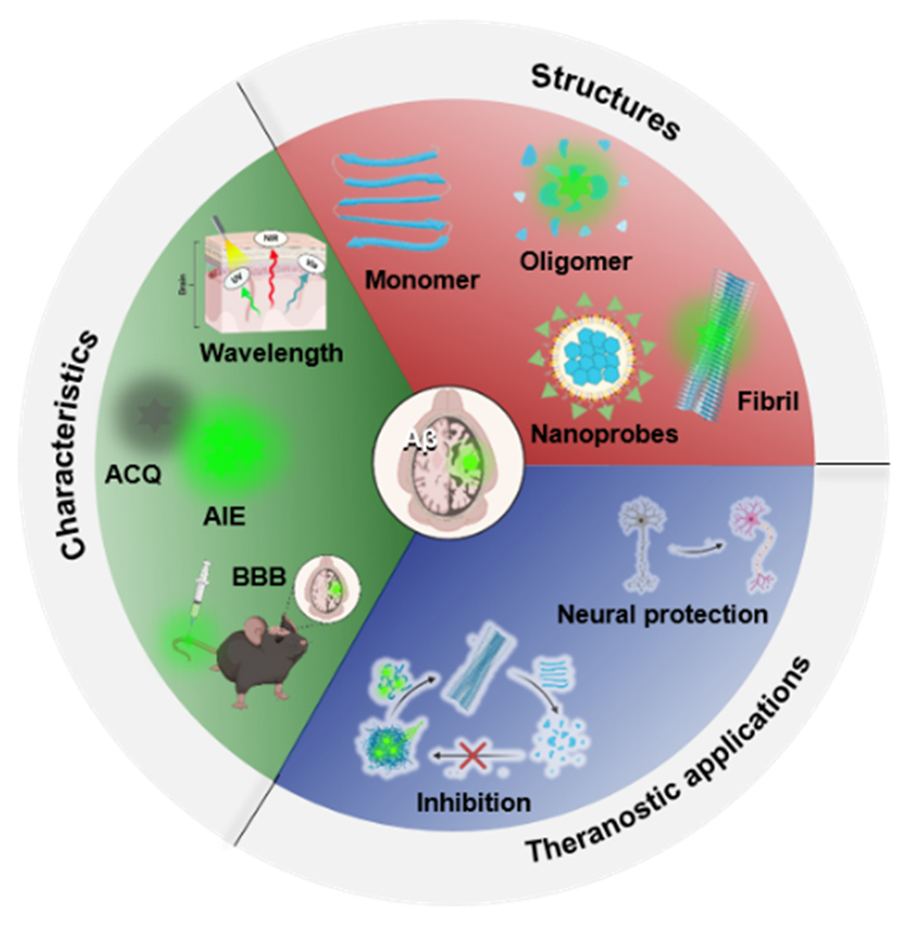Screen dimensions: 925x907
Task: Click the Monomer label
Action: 422,280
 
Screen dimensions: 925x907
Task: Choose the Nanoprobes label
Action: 603,432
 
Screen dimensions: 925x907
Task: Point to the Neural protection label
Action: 661,616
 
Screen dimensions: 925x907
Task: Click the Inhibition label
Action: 474,803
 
